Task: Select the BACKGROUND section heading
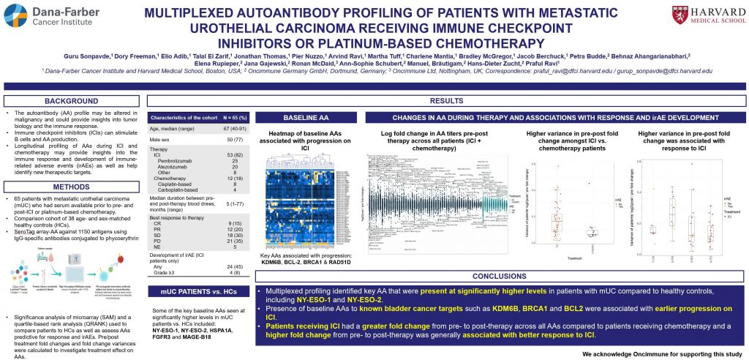pos(71,100)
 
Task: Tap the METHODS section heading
pos(71,187)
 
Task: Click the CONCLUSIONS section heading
pos(499,277)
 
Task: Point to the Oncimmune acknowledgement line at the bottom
pos(664,353)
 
